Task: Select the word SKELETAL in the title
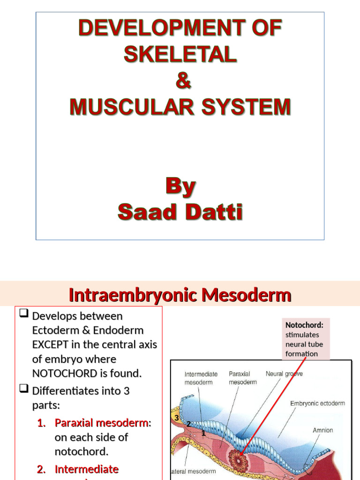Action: tap(180, 55)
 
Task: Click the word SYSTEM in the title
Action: tap(248, 107)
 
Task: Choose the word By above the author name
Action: tap(180, 187)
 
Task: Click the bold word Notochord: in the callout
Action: tap(300, 325)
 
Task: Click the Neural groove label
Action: tap(284, 374)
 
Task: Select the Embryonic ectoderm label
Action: tap(317, 404)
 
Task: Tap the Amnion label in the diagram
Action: tap(323, 430)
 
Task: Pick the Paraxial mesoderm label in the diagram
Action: tap(242, 378)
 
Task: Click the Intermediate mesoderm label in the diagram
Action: tap(201, 378)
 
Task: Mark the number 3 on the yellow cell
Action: tap(176, 418)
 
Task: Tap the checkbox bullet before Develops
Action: tap(25, 315)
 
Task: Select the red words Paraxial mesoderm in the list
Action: tap(101, 423)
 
